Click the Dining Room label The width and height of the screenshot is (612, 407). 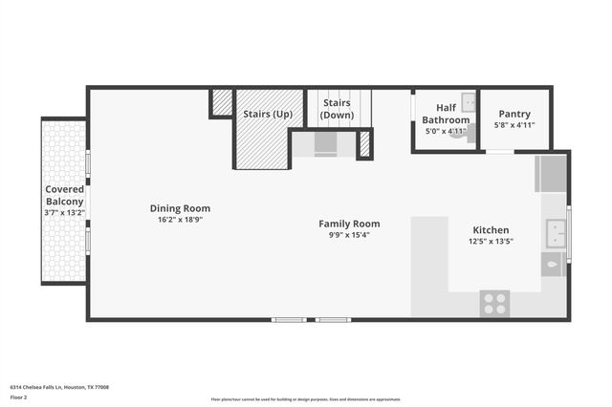click(x=180, y=208)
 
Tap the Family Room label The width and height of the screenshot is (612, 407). click(x=349, y=224)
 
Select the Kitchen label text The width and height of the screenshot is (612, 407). click(x=491, y=230)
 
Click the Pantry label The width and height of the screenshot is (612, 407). click(x=514, y=114)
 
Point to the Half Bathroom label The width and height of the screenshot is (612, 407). click(x=447, y=115)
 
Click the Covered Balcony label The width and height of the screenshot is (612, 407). click(x=65, y=196)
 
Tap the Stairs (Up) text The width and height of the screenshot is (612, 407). click(x=268, y=114)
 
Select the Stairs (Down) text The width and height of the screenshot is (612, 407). click(x=337, y=109)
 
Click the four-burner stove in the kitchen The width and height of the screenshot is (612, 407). click(x=494, y=304)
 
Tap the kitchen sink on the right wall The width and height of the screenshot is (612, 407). click(x=555, y=232)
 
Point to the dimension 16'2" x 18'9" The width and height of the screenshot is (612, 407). click(x=180, y=220)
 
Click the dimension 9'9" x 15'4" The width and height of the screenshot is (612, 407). click(x=349, y=235)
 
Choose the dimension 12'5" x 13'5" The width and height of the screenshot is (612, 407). click(x=491, y=242)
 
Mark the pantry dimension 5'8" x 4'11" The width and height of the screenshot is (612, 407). click(x=514, y=125)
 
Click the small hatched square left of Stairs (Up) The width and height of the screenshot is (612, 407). click(x=222, y=101)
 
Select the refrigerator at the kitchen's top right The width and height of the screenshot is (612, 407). click(x=553, y=174)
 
